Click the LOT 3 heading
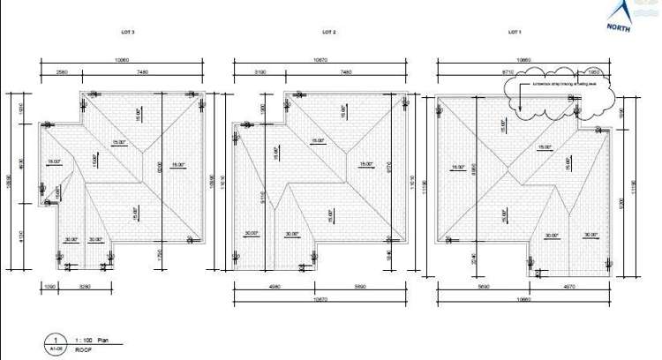tap(127, 31)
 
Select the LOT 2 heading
tap(328, 31)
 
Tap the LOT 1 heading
tap(515, 31)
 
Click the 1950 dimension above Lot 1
tap(593, 71)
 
